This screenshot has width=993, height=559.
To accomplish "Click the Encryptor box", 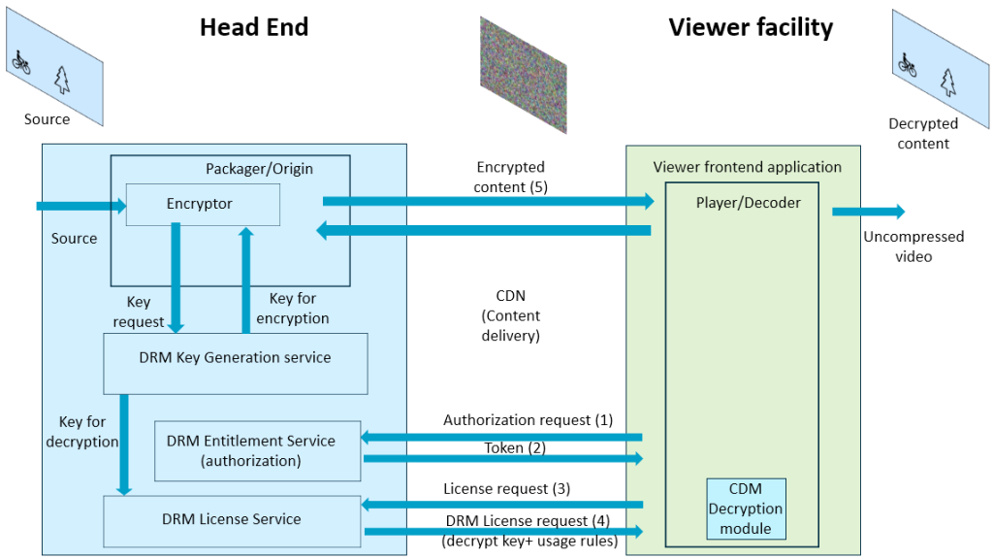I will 203,205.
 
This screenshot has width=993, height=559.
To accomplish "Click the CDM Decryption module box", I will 746,509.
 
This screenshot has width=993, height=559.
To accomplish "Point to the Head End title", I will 254,27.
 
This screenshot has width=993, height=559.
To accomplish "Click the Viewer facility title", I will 751,27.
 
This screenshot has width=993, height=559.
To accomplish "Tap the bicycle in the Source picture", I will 21,62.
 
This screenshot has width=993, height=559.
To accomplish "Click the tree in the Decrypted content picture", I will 947,83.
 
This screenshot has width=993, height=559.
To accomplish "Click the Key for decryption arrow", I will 124,443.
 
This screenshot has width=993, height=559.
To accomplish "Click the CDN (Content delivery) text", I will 510,315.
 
